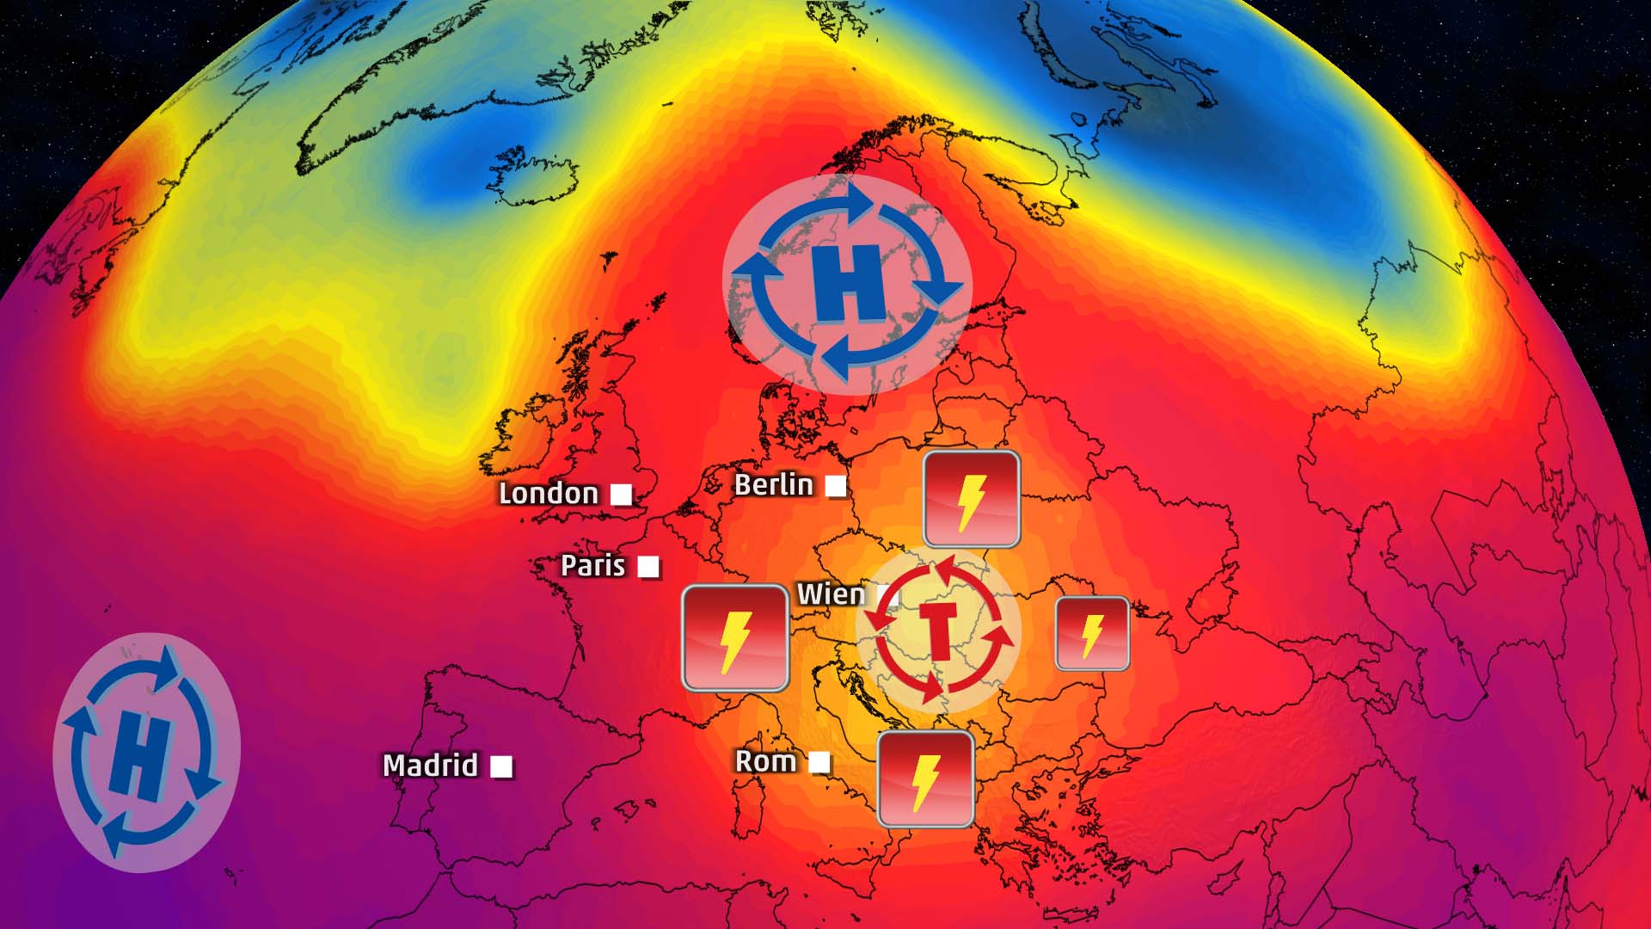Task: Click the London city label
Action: click(x=549, y=494)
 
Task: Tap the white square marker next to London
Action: click(x=621, y=495)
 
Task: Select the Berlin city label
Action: click(x=773, y=485)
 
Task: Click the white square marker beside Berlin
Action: click(x=835, y=486)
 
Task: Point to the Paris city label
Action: click(x=592, y=566)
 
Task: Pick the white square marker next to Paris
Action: click(x=648, y=567)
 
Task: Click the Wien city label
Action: click(x=831, y=594)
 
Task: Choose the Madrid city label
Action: click(x=430, y=766)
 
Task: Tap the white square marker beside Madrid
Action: click(x=501, y=766)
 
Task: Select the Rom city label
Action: click(x=765, y=761)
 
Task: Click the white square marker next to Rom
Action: click(x=819, y=762)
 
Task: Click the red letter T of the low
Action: click(x=938, y=631)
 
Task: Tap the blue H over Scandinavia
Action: click(x=848, y=283)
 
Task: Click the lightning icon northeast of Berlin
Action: click(x=972, y=499)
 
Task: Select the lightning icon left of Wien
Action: click(x=735, y=638)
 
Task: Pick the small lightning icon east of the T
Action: click(x=1092, y=634)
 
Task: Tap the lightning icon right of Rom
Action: click(x=925, y=779)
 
